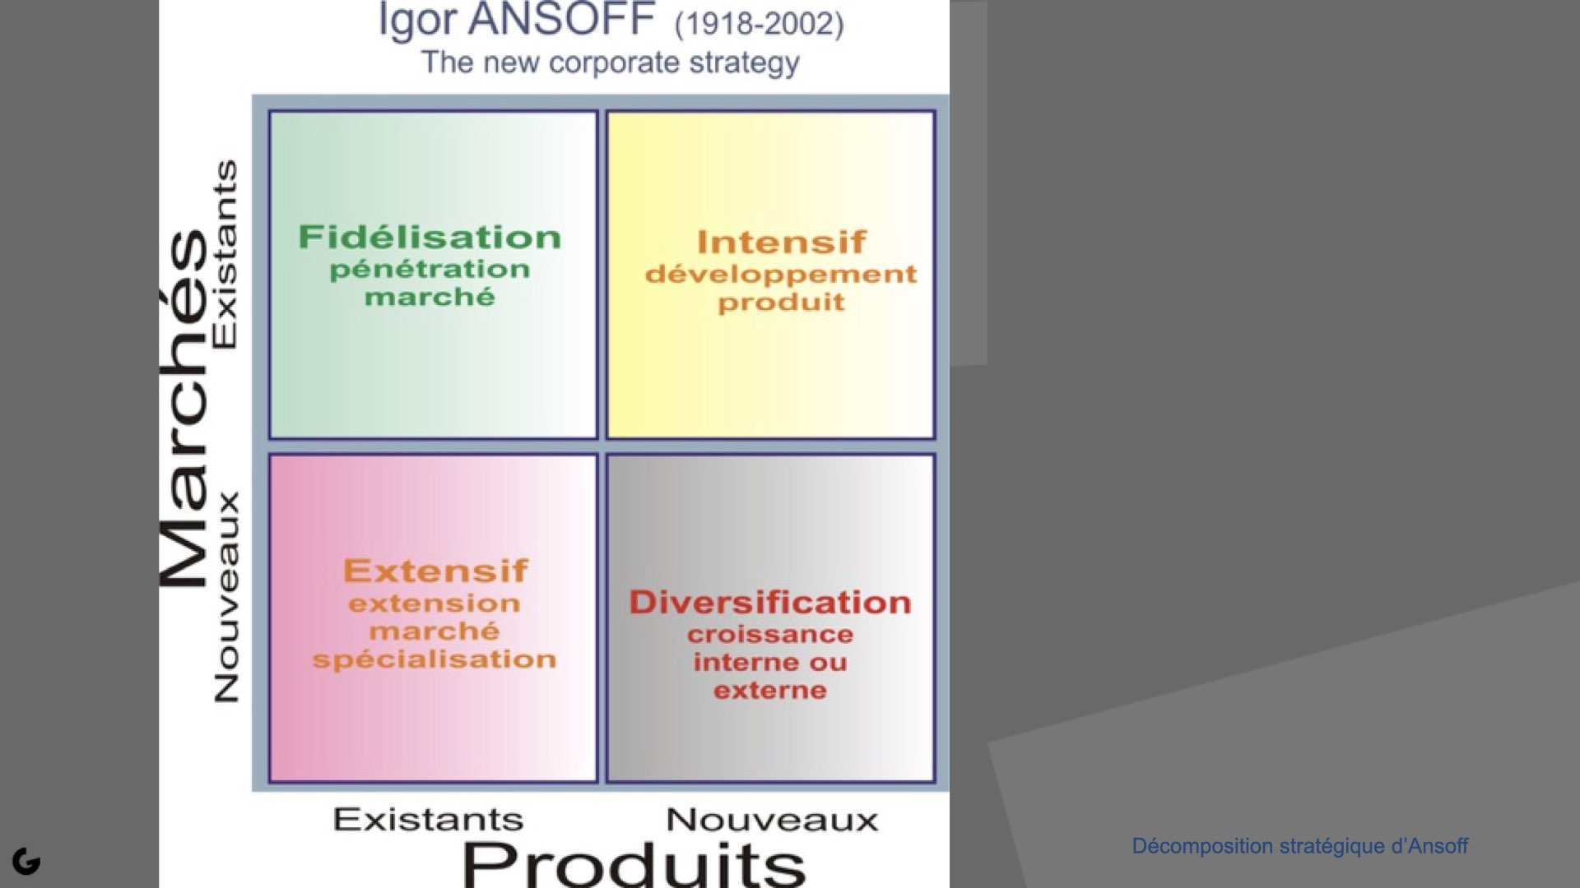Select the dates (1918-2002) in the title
pyautogui.click(x=759, y=23)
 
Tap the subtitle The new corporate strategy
pyautogui.click(x=610, y=62)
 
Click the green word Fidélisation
pyautogui.click(x=430, y=237)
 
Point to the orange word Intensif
pyautogui.click(x=781, y=242)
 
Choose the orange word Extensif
pyautogui.click(x=435, y=571)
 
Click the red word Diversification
pyautogui.click(x=770, y=602)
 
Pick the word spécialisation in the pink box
pyautogui.click(x=434, y=659)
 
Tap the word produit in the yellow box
pyautogui.click(x=781, y=303)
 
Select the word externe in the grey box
pyautogui.click(x=770, y=690)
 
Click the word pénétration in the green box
pyautogui.click(x=430, y=269)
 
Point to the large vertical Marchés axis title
pyautogui.click(x=184, y=409)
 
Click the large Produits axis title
pyautogui.click(x=634, y=865)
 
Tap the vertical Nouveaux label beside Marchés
pyautogui.click(x=225, y=598)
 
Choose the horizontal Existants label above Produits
pyautogui.click(x=428, y=820)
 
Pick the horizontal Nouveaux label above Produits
pyautogui.click(x=772, y=820)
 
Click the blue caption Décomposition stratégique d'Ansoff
pyautogui.click(x=1300, y=846)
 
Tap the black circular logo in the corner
pyautogui.click(x=26, y=861)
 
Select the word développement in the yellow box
pyautogui.click(x=781, y=274)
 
